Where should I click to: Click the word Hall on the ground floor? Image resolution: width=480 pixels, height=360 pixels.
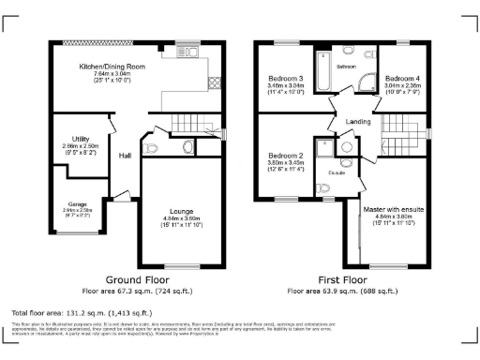click(125, 156)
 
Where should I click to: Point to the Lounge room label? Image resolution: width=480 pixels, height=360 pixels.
click(182, 211)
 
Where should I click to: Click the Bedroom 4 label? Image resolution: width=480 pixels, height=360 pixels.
click(404, 77)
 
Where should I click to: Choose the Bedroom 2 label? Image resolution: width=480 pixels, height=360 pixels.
click(284, 155)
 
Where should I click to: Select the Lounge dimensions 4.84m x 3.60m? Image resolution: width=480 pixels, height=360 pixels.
click(182, 218)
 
